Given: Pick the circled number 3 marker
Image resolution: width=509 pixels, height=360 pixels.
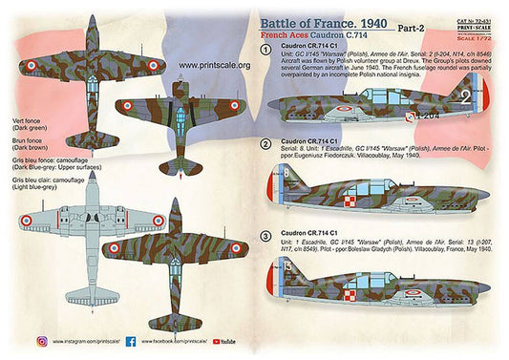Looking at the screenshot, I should (265, 235).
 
